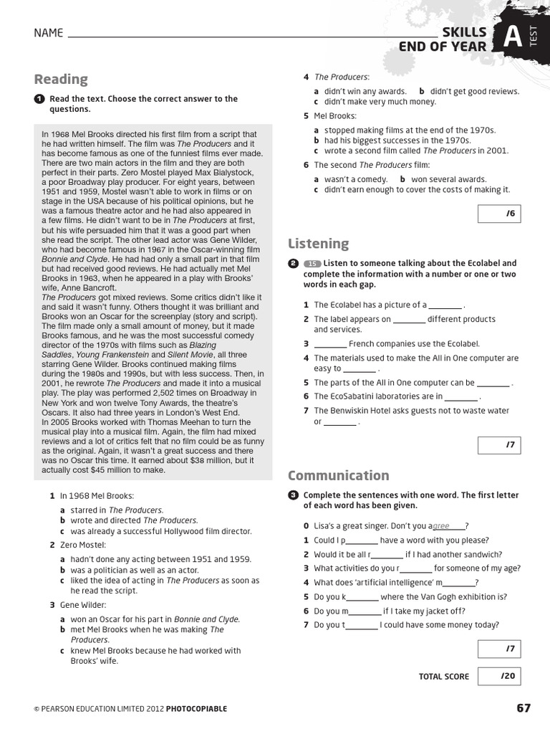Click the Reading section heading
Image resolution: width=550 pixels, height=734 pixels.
click(61, 79)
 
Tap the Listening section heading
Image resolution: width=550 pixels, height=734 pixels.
click(318, 244)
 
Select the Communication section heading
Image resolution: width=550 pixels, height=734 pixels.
click(338, 475)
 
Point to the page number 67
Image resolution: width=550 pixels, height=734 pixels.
click(524, 708)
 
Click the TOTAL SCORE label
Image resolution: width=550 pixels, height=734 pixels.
click(444, 677)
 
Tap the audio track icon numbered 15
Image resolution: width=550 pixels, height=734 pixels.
click(312, 264)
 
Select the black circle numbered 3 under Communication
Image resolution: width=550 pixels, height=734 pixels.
click(293, 495)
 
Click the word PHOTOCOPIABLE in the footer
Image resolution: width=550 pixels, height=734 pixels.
click(196, 709)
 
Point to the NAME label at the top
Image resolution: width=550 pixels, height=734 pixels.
click(48, 33)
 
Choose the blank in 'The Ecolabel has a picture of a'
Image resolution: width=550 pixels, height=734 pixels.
click(445, 305)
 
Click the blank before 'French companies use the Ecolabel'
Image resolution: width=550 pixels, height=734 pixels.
click(329, 344)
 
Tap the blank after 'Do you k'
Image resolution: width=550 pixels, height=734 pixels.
click(362, 597)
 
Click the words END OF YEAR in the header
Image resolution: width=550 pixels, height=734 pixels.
click(443, 47)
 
